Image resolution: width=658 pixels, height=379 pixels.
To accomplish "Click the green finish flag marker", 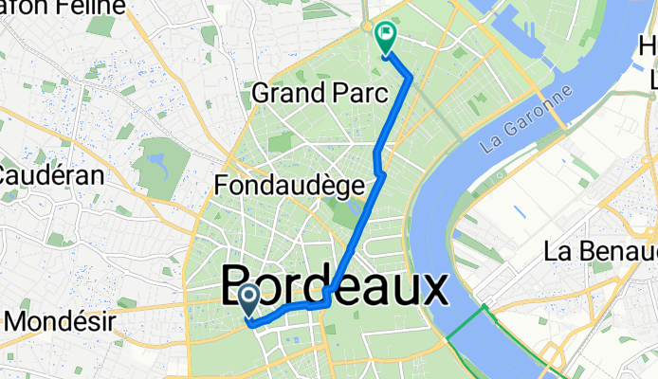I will [x=386, y=38].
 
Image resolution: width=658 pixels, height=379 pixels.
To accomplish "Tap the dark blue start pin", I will [x=248, y=301].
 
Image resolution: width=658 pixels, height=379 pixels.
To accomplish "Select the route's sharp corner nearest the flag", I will [x=411, y=78].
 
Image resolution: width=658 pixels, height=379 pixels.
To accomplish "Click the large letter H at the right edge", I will [x=649, y=45].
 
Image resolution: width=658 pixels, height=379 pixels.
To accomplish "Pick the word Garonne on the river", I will [x=541, y=114].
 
